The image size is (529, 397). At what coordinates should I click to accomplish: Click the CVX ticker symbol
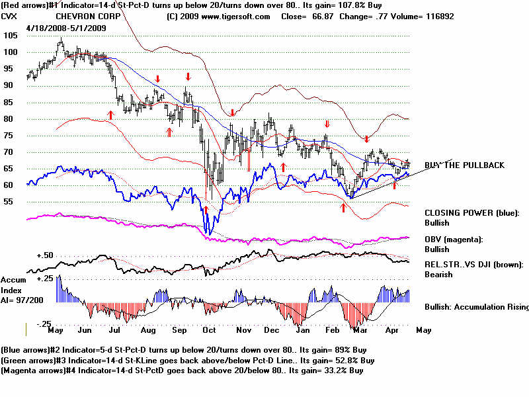coord(10,15)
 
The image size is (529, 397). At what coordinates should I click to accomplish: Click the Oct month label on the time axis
coord(209,330)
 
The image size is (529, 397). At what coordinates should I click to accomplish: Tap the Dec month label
coord(272,330)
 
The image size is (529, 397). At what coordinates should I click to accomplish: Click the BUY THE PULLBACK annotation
coord(464,165)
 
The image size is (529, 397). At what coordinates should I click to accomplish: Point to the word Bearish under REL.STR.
coord(439,275)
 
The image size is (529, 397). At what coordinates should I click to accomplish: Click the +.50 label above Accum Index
coord(44,255)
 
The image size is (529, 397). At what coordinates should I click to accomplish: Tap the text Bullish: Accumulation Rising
coord(476,307)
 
